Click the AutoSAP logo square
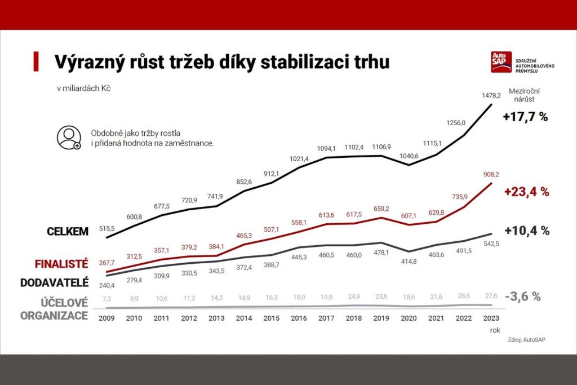click(x=501, y=62)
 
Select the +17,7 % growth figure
click(x=525, y=117)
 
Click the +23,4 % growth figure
click(x=526, y=192)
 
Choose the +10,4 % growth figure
click(x=526, y=231)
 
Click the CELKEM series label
click(x=68, y=232)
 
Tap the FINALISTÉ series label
click(x=61, y=264)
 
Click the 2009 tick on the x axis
click(x=106, y=318)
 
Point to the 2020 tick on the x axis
click(x=408, y=318)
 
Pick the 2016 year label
click(x=299, y=318)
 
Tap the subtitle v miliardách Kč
click(x=83, y=88)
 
